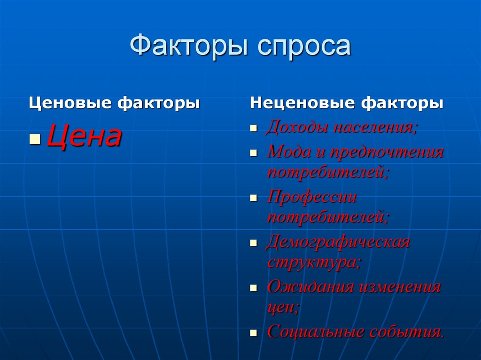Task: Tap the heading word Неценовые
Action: click(x=302, y=103)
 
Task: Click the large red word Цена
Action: click(x=84, y=137)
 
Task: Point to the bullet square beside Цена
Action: click(x=35, y=139)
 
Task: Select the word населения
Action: click(x=375, y=128)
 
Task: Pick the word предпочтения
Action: click(x=387, y=152)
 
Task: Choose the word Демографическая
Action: click(x=338, y=242)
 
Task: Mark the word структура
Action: click(x=313, y=262)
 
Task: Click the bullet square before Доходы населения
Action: click(x=254, y=129)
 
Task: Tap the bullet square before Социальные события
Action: click(x=254, y=333)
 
